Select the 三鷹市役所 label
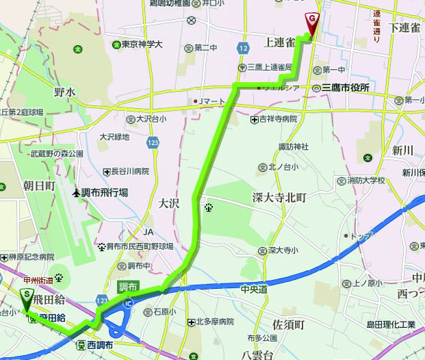(x=345, y=88)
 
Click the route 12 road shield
(x=244, y=47)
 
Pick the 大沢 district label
(x=169, y=203)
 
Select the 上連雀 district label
(x=279, y=43)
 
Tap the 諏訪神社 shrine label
(x=294, y=146)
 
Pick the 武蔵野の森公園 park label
(x=57, y=154)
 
